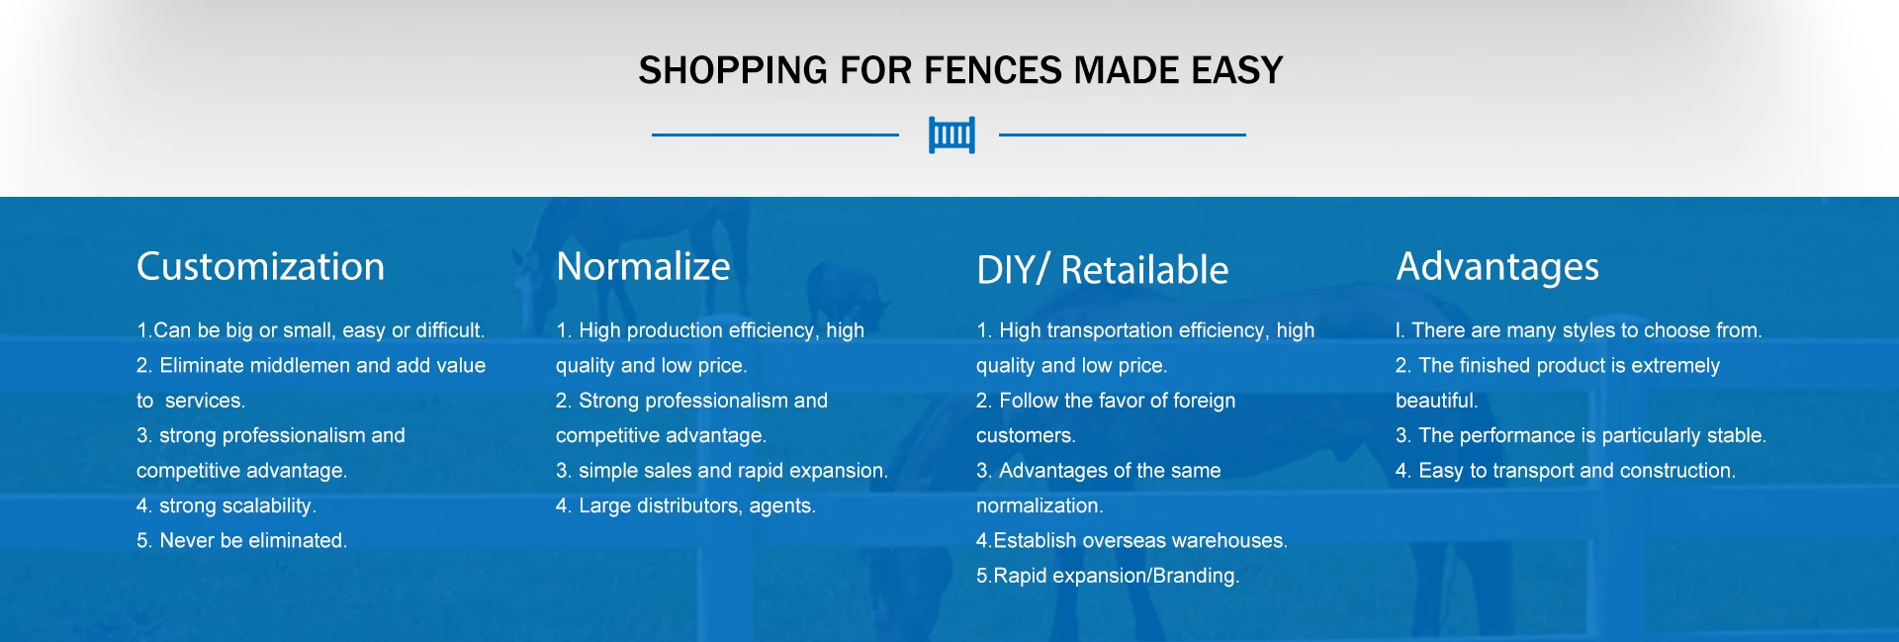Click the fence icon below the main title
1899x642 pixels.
pos(951,135)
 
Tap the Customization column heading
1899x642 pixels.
pos(260,266)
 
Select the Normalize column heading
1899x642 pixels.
pos(643,266)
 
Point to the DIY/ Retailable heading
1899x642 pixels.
pos(1102,269)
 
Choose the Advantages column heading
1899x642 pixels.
pos(1497,267)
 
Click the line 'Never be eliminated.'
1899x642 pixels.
pos(241,540)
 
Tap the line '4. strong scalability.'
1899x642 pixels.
pos(226,505)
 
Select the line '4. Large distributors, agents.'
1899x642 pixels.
pos(685,505)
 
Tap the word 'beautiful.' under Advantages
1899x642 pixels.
pos(1436,401)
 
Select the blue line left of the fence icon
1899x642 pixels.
pos(775,135)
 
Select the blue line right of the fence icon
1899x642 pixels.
pos(1123,135)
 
